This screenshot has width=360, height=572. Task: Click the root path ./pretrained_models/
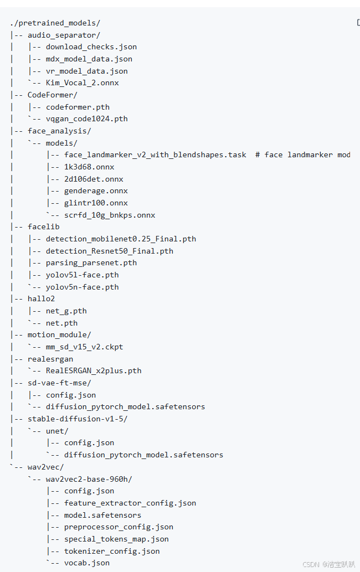[55, 23]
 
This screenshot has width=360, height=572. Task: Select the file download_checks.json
[91, 47]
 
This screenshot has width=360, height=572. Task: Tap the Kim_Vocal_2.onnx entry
[83, 83]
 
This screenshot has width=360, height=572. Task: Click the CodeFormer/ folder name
[53, 95]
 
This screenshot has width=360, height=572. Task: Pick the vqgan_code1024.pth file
[87, 118]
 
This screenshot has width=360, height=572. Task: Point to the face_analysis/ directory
[59, 131]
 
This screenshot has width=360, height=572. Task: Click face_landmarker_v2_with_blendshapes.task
[155, 154]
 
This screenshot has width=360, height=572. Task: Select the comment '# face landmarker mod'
[303, 154]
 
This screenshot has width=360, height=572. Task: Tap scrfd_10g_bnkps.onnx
[110, 215]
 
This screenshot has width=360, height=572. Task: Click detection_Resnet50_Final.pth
[110, 251]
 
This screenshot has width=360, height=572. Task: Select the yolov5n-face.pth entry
[83, 287]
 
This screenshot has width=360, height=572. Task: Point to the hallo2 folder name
[42, 298]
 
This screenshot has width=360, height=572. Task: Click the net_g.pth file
[66, 311]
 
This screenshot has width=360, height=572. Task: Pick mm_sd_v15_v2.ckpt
[85, 347]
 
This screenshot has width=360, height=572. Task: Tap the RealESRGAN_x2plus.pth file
[94, 370]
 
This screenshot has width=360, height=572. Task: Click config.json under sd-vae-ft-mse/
[71, 395]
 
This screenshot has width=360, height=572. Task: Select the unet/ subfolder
[57, 431]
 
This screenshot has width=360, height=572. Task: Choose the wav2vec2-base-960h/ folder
[89, 479]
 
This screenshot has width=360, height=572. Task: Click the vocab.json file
[87, 563]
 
